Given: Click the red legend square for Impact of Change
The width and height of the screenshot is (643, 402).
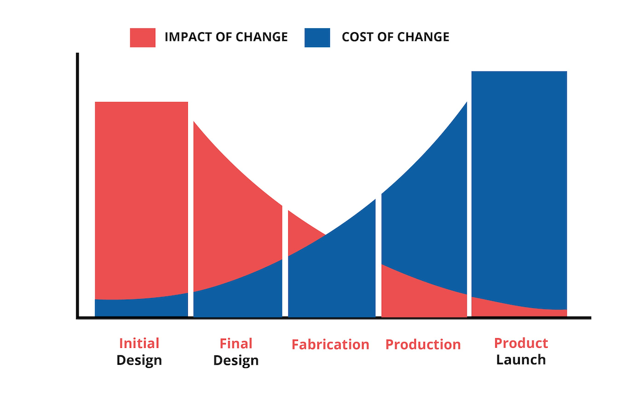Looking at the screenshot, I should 143,37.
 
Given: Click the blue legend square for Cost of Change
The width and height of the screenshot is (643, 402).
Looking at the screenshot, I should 317,37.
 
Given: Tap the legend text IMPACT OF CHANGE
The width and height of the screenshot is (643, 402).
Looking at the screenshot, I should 226,37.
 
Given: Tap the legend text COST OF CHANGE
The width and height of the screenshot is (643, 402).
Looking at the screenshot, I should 395,37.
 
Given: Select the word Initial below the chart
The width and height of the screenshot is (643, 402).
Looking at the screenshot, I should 139,344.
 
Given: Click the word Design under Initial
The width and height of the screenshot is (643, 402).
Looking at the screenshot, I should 139,360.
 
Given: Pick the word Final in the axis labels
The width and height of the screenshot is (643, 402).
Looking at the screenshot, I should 236,344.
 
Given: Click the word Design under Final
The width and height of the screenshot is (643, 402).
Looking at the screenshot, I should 236,360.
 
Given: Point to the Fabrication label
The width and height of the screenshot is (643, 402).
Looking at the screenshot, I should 331,345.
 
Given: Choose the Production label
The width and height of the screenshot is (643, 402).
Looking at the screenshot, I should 423,345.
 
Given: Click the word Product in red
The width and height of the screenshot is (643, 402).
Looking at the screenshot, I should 521,343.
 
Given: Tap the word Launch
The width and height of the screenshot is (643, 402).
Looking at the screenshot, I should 521,360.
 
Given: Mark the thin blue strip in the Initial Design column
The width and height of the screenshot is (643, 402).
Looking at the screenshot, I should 141,308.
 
